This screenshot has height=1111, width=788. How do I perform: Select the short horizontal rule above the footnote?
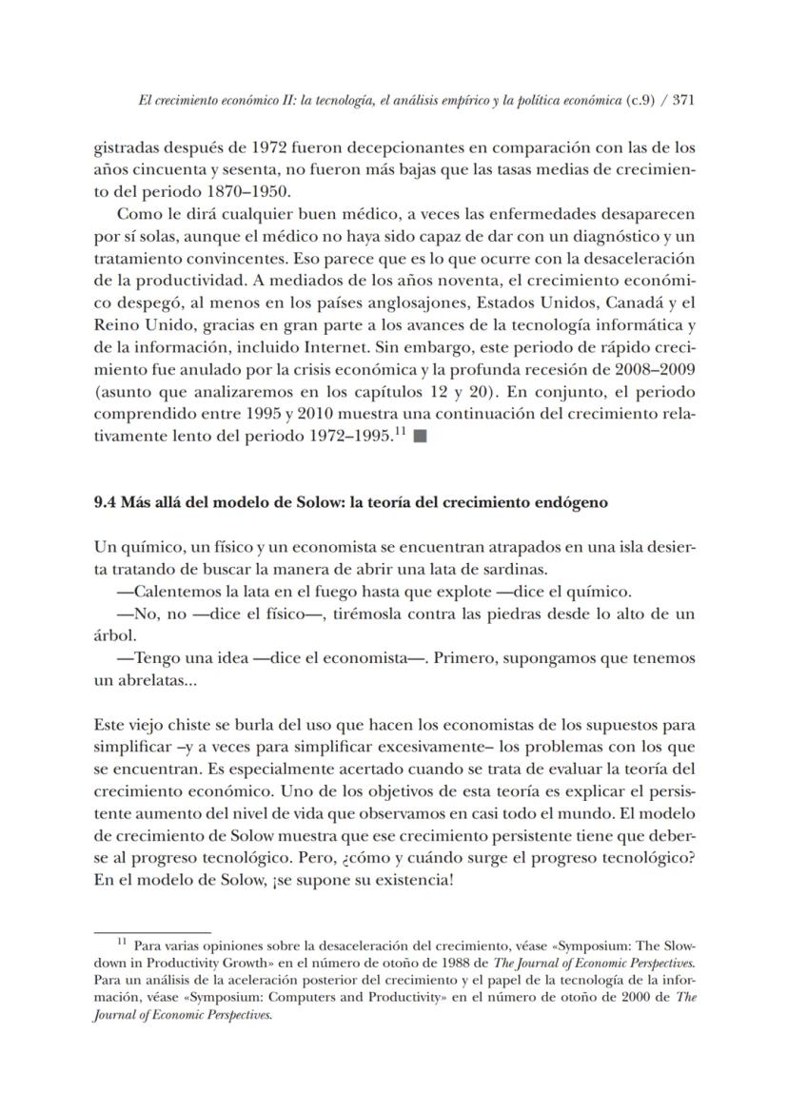[152, 933]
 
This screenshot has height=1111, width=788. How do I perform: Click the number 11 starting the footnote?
[122, 944]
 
